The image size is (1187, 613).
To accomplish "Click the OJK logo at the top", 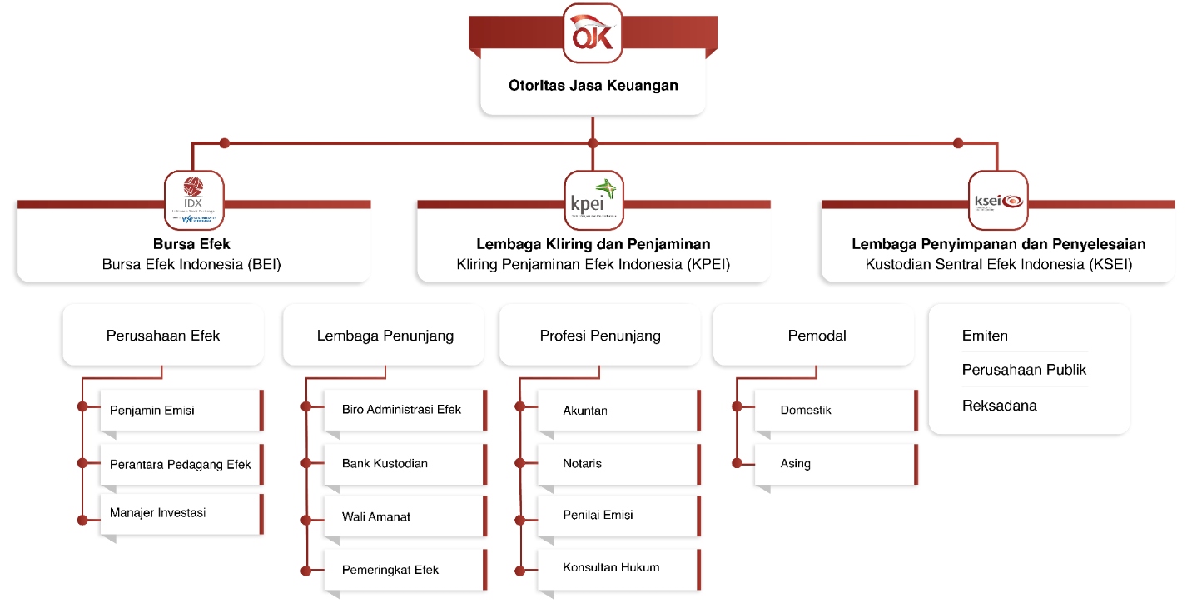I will click(593, 33).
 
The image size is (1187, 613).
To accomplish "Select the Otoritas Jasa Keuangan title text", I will click(593, 85).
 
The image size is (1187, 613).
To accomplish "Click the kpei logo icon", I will click(593, 201).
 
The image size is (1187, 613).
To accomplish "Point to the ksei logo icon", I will click(997, 201).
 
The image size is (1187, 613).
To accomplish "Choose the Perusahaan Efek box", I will click(163, 336).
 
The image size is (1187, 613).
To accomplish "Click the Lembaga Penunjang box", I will click(385, 336).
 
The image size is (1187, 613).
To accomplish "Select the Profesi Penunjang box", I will click(600, 336).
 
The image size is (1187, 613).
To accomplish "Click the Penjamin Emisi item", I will click(181, 410).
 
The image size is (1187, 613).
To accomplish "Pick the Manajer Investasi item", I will click(181, 513).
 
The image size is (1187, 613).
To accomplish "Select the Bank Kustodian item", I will click(404, 463).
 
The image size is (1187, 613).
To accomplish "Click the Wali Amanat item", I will click(404, 516).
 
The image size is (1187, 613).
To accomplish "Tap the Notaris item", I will click(618, 463).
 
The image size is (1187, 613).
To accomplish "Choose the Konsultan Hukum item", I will click(618, 568).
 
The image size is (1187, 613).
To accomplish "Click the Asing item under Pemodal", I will click(835, 463).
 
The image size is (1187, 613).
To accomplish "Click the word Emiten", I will click(985, 336).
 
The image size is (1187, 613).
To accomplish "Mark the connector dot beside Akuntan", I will click(521, 406).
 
